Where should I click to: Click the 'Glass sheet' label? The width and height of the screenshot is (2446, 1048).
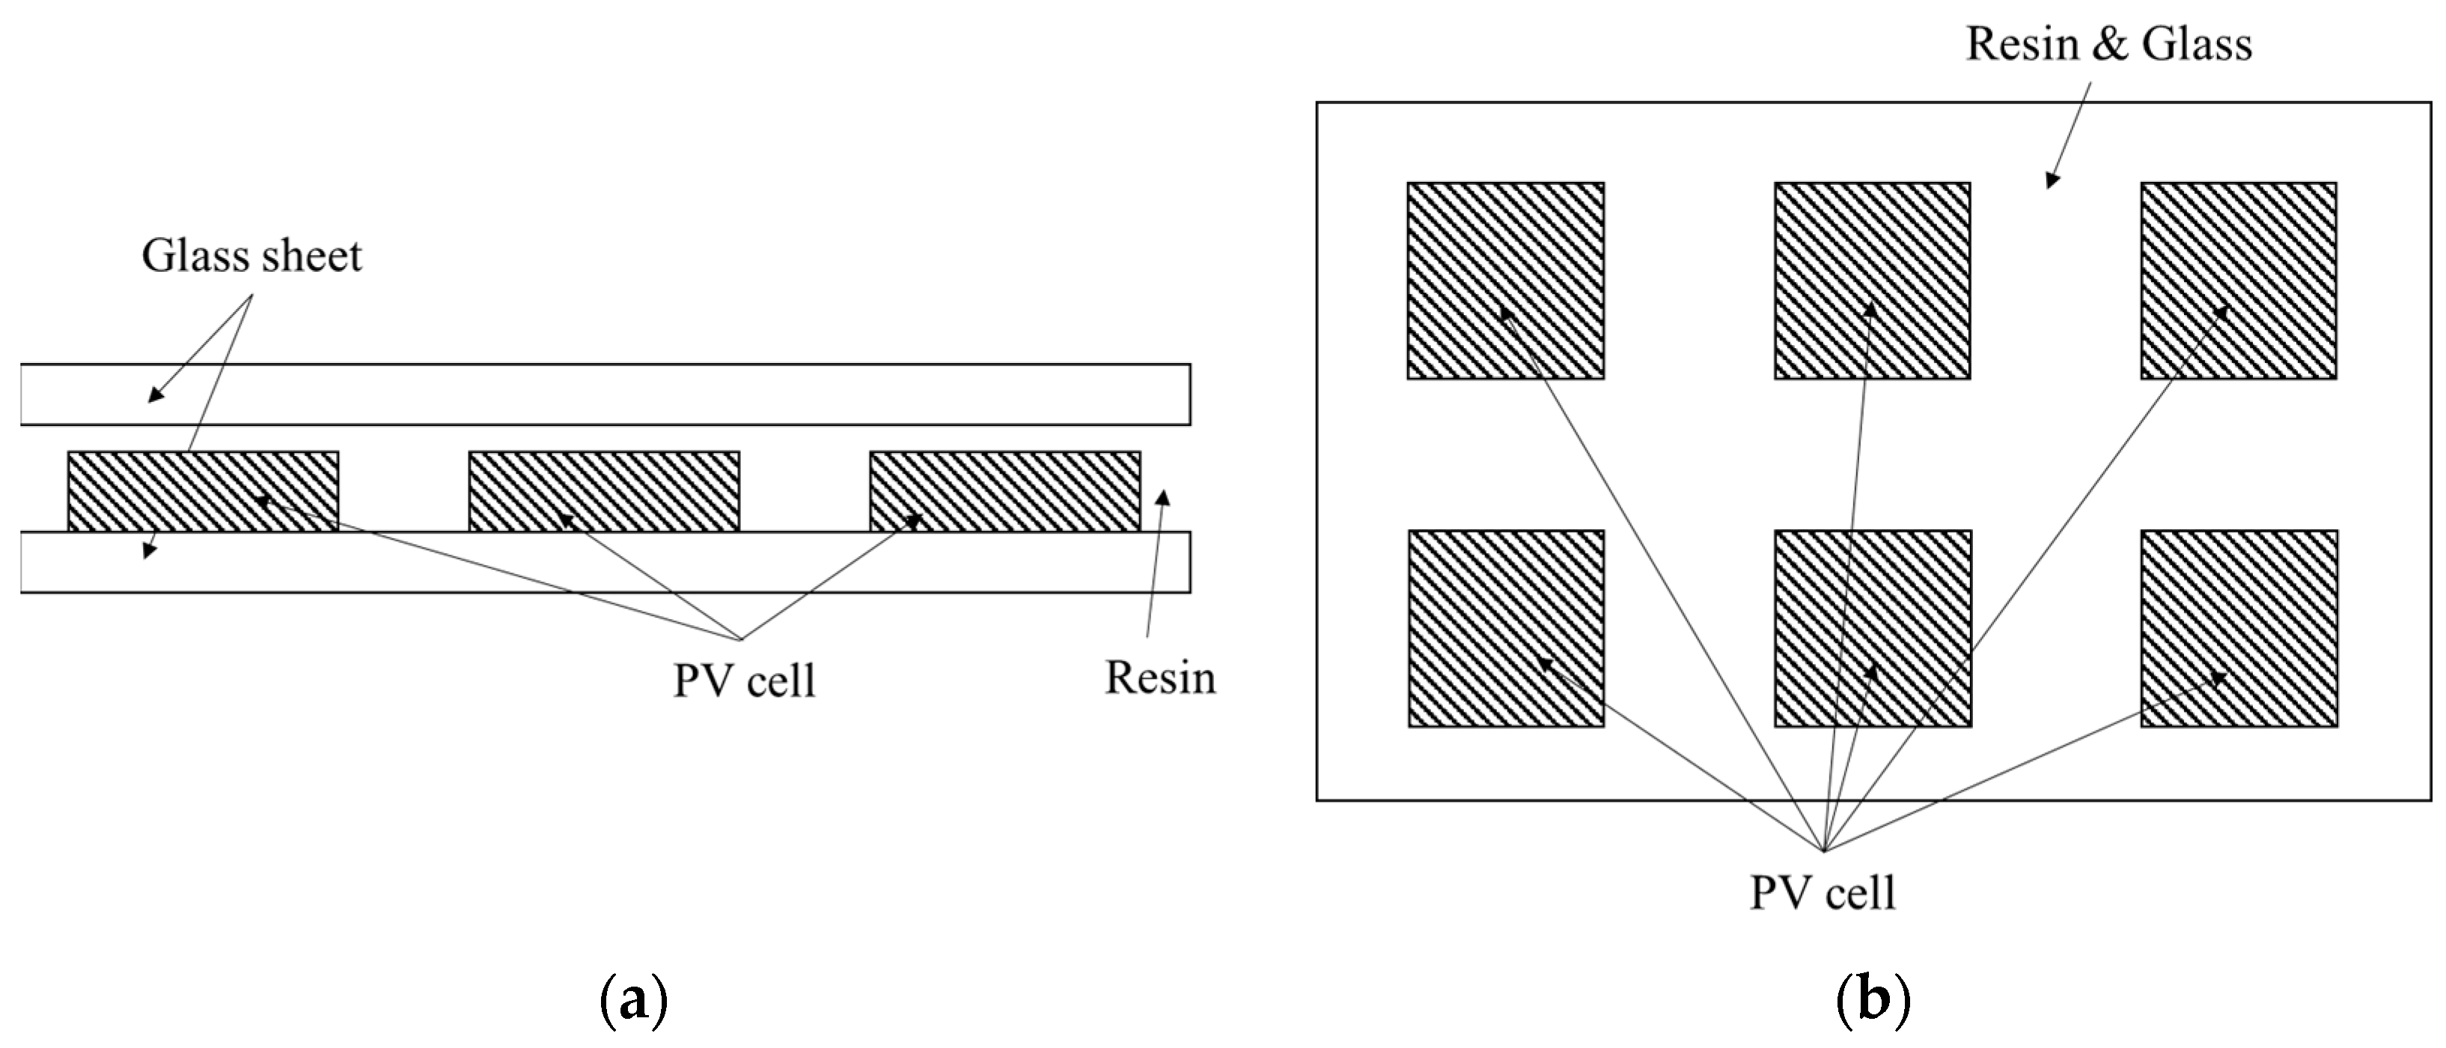[x=251, y=256]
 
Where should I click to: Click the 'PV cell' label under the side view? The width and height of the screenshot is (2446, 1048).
[x=745, y=680]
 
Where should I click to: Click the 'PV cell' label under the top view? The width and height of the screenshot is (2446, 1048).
[x=1823, y=893]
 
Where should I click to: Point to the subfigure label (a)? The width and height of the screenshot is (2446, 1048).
[x=634, y=1002]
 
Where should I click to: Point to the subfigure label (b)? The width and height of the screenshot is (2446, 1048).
[x=1873, y=1002]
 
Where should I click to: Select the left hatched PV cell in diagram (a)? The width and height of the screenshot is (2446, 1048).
[x=203, y=491]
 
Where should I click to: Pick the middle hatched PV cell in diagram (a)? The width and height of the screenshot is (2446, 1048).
[x=604, y=491]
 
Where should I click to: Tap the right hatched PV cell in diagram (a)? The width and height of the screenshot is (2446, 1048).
[x=1005, y=491]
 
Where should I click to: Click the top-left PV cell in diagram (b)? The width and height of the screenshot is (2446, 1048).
[x=1506, y=281]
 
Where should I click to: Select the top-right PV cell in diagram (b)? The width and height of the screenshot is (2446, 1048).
[x=2239, y=281]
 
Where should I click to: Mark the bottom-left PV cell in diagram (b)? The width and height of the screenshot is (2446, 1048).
[x=1506, y=628]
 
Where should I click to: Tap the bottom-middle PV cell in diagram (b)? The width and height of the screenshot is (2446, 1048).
[x=1873, y=628]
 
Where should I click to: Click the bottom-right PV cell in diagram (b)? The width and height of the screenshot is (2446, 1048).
[x=2239, y=628]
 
